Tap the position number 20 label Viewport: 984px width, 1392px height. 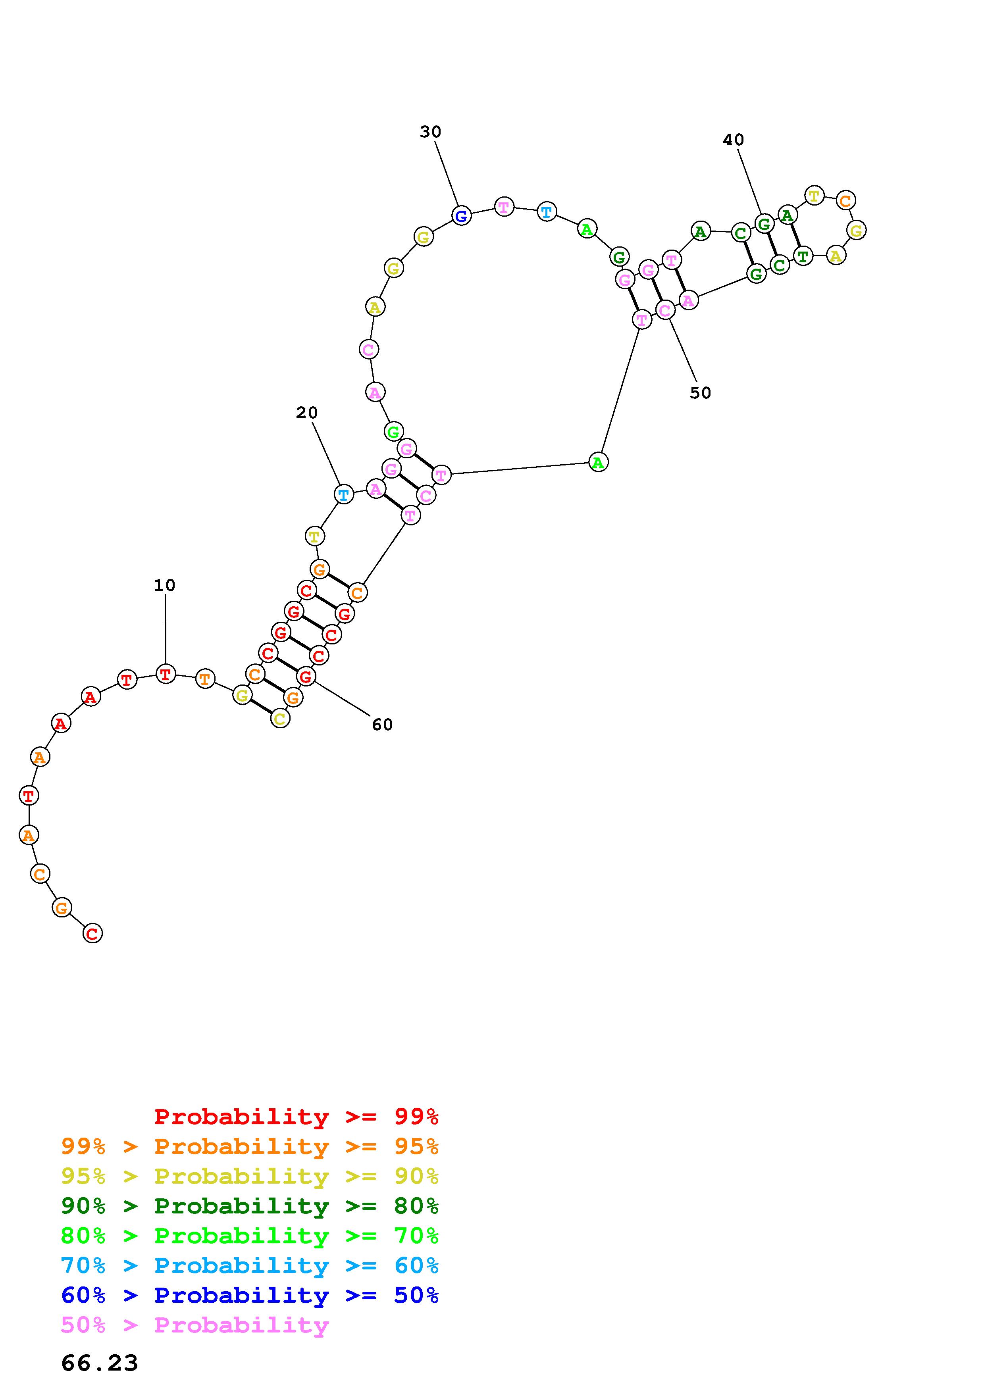pos(307,413)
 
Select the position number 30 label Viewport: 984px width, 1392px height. pos(430,132)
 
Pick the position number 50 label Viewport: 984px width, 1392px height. pos(700,393)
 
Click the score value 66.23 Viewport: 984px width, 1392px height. pos(99,1363)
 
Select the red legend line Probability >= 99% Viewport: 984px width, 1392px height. pos(297,1117)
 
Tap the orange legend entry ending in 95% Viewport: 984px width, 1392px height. pos(250,1146)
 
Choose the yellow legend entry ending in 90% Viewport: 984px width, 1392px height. pos(250,1176)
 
